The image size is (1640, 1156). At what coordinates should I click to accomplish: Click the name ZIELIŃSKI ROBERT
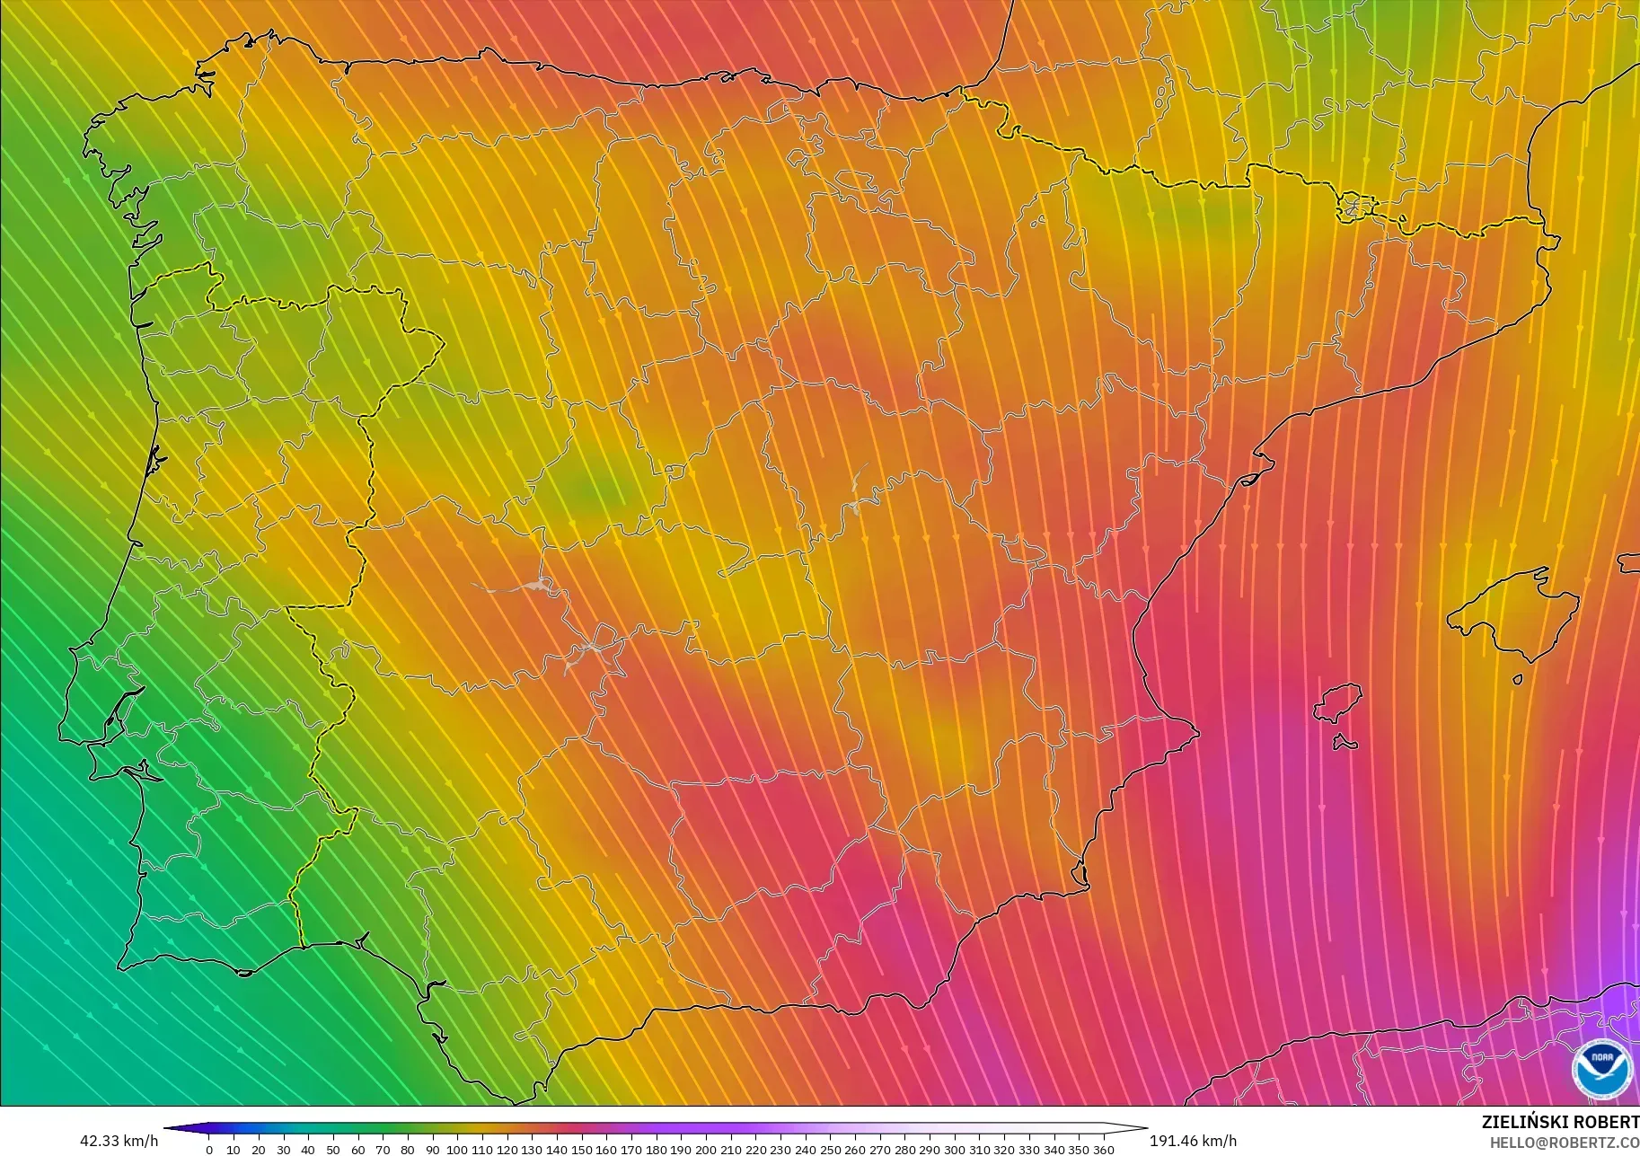click(1559, 1122)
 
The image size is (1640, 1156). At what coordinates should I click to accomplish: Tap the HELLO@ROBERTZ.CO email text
click(1564, 1143)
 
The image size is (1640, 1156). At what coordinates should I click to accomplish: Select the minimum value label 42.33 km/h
click(119, 1141)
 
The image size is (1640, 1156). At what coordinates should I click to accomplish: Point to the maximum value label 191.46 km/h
click(1193, 1141)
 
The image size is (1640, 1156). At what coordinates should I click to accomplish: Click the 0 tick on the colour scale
click(209, 1150)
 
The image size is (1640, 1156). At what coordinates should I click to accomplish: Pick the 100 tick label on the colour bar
click(457, 1150)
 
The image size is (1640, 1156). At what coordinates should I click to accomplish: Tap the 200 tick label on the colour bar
click(705, 1150)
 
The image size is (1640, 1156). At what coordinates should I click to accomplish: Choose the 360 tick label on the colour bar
click(1103, 1150)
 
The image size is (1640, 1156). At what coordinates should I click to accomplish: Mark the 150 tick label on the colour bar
click(581, 1150)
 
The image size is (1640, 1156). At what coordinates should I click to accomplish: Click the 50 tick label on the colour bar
click(333, 1150)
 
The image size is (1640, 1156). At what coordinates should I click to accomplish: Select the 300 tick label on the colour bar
click(954, 1150)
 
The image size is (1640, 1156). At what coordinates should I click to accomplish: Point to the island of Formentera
click(1345, 743)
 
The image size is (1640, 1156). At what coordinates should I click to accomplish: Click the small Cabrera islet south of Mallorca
click(1517, 680)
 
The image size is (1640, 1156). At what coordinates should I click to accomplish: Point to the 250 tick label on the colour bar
click(829, 1150)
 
